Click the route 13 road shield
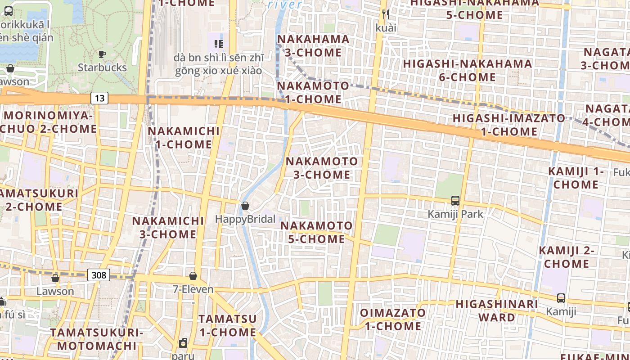click(99, 98)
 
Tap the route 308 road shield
click(99, 274)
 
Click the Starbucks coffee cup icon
click(102, 54)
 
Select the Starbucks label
click(102, 67)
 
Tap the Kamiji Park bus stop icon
click(455, 201)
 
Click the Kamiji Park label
click(455, 214)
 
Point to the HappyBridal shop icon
click(245, 206)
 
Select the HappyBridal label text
click(245, 219)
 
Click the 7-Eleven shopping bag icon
click(193, 276)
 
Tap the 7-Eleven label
click(193, 289)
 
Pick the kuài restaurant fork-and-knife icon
click(386, 14)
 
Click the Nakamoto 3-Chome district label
click(322, 168)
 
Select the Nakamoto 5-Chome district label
click(317, 232)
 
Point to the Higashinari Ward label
click(497, 310)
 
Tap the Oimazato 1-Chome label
click(393, 319)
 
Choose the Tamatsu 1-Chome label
click(228, 325)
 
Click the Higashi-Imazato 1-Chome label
click(509, 125)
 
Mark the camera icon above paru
click(183, 343)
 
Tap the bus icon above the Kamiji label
click(561, 298)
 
